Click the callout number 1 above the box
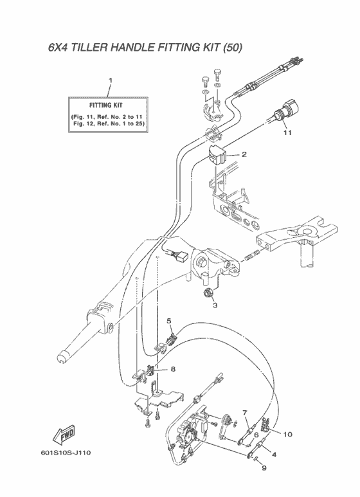pyautogui.click(x=111, y=81)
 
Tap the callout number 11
pyautogui.click(x=287, y=132)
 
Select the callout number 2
pyautogui.click(x=244, y=155)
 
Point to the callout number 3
pyautogui.click(x=215, y=305)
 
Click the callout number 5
pyautogui.click(x=169, y=321)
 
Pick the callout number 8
pyautogui.click(x=173, y=369)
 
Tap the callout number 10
pyautogui.click(x=288, y=434)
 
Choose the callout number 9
pyautogui.click(x=264, y=468)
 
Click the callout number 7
pyautogui.click(x=245, y=413)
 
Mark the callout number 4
pyautogui.click(x=274, y=455)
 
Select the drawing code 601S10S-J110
pyautogui.click(x=66, y=452)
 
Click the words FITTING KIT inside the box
pyautogui.click(x=105, y=105)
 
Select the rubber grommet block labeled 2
pyautogui.click(x=217, y=155)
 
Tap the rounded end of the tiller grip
pyautogui.click(x=62, y=357)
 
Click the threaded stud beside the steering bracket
pyautogui.click(x=253, y=255)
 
